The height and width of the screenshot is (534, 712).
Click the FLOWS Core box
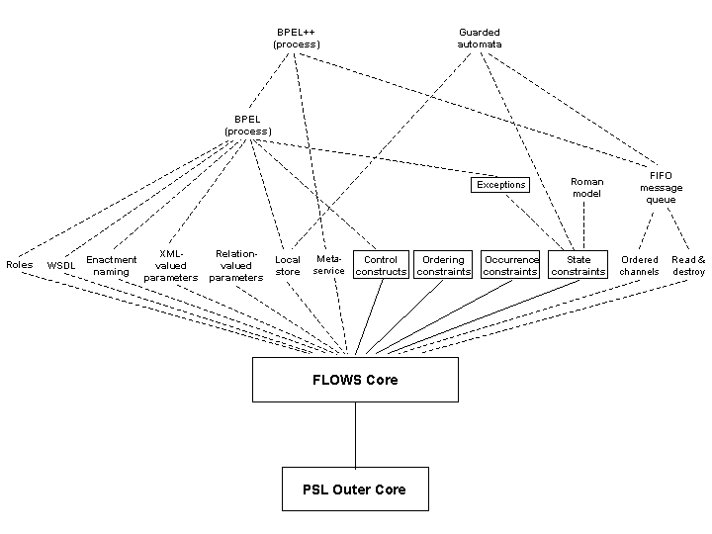(355, 380)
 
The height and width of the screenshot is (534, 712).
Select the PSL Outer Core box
(355, 489)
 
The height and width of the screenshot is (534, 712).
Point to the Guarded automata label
(480, 39)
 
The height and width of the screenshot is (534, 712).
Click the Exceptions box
(500, 184)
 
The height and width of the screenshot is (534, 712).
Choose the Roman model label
(586, 187)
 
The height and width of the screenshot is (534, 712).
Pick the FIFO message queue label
(661, 187)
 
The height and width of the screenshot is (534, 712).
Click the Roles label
(20, 265)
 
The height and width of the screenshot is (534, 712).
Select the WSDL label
(61, 266)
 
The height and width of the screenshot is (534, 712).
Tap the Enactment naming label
(111, 266)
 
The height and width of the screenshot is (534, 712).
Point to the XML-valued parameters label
(170, 265)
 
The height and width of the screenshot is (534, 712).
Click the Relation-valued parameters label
(236, 265)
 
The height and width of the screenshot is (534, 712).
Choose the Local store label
(288, 265)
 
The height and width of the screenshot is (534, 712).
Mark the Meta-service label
(329, 265)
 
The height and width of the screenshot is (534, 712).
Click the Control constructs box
(381, 265)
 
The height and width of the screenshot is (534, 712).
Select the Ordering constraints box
(443, 265)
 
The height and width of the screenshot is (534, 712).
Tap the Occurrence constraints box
(510, 265)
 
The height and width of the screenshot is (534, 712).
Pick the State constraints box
(578, 265)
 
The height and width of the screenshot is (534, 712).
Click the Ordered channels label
(640, 265)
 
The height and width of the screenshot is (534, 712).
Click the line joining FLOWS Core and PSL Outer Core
(355, 434)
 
